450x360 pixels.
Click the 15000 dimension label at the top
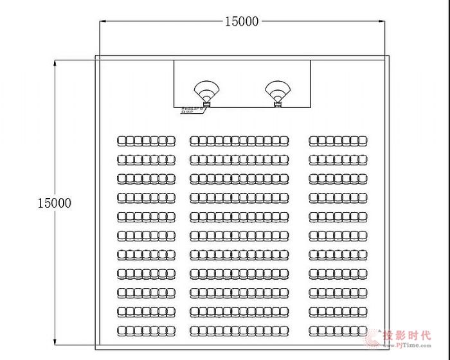[x=241, y=21]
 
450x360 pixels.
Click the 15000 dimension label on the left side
[x=54, y=203]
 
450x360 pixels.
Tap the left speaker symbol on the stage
[x=207, y=92]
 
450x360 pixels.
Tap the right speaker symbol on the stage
[x=278, y=92]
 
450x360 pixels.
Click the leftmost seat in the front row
[x=121, y=140]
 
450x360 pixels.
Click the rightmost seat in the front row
[x=366, y=140]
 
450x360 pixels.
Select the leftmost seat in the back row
[x=121, y=330]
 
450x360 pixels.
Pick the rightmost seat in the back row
[x=366, y=330]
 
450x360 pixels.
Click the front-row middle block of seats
[x=239, y=140]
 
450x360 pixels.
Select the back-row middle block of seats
[x=239, y=330]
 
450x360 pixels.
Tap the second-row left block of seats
[x=146, y=159]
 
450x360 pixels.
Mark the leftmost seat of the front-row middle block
[x=194, y=140]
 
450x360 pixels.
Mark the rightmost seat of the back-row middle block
[x=284, y=330]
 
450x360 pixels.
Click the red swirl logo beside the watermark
[x=375, y=339]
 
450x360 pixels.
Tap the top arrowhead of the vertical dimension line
[x=55, y=62]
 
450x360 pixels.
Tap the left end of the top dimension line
[x=100, y=22]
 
